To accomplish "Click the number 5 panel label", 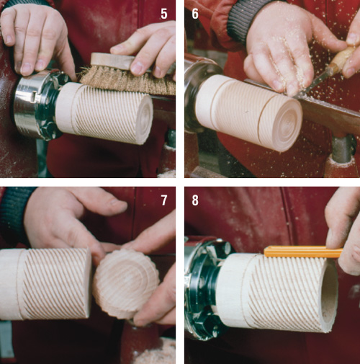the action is click(x=164, y=14).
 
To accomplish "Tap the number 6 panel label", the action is click(x=195, y=14).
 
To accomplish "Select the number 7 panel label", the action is click(x=164, y=200).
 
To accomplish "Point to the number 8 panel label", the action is click(x=195, y=200).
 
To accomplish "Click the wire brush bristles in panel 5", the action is click(x=128, y=81).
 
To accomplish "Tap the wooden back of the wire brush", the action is click(x=113, y=60).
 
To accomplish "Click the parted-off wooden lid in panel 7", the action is click(x=126, y=283).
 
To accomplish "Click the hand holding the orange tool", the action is click(x=344, y=231).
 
